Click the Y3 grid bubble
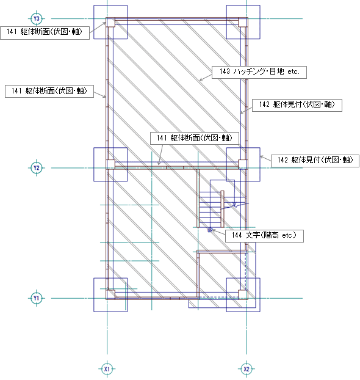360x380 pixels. coord(37,19)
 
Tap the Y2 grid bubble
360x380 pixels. coord(37,168)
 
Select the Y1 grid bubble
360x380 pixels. coord(37,298)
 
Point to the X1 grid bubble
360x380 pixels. coord(107,369)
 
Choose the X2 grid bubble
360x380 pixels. coord(247,369)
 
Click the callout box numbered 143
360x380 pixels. coord(259,72)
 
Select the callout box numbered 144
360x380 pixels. coord(264,236)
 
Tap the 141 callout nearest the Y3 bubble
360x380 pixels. coord(45,33)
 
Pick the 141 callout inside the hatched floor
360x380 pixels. coord(195,138)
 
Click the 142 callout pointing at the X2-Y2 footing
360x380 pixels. coord(315,161)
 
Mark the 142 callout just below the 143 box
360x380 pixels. coord(297,105)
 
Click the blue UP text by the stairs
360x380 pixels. coord(210,230)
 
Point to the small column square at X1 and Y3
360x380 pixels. coord(110,22)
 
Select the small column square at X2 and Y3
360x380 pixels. coord(243,22)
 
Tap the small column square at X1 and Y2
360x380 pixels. coord(110,164)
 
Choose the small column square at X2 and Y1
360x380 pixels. coord(243,294)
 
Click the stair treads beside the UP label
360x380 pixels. coord(210,210)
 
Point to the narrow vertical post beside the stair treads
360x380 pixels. coord(222,209)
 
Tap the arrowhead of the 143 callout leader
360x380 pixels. coord(201,80)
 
